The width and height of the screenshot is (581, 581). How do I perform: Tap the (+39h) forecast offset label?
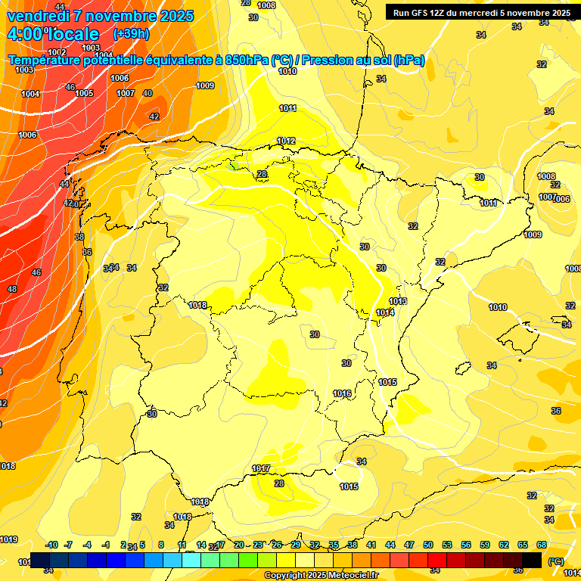(x=130, y=34)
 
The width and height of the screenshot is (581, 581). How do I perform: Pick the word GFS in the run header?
(x=424, y=13)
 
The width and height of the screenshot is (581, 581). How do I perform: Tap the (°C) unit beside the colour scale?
(x=555, y=561)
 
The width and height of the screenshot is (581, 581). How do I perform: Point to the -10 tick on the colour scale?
(x=51, y=545)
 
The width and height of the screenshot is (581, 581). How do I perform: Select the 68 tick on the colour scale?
(x=542, y=545)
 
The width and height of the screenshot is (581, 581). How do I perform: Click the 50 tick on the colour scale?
(x=428, y=545)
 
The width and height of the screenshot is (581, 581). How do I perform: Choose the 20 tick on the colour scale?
(x=239, y=545)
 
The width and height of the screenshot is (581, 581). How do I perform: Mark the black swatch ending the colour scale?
(x=532, y=559)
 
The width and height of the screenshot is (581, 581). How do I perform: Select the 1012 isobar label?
(x=286, y=141)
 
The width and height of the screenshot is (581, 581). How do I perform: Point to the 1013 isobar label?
(x=398, y=302)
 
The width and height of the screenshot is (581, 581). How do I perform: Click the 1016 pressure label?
(x=342, y=393)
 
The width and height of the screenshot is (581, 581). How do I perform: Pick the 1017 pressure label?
(x=262, y=469)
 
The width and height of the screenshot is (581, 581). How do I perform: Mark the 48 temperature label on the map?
(x=12, y=289)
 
